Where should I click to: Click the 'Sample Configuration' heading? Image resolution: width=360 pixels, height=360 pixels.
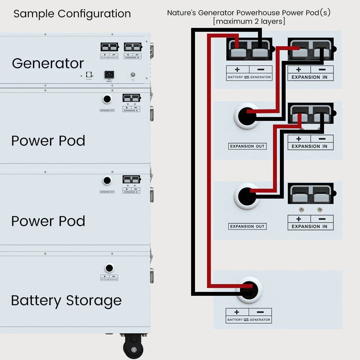tap(72, 14)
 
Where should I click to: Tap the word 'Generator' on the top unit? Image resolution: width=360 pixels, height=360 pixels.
tap(48, 64)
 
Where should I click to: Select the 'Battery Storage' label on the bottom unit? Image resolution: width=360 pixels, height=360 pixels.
tap(66, 301)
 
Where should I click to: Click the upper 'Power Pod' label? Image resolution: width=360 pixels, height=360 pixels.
tap(48, 141)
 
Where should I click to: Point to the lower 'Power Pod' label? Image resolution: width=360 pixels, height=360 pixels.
tap(48, 221)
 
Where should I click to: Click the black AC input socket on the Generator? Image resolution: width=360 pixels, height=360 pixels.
tap(109, 74)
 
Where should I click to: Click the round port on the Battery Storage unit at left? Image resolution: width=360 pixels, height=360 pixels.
tap(109, 268)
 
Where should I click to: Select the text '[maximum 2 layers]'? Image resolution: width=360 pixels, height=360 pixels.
tap(249, 22)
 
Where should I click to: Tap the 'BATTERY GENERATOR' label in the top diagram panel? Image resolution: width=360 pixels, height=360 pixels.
tap(249, 77)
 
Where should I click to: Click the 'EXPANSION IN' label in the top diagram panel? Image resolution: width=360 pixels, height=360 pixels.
tap(309, 77)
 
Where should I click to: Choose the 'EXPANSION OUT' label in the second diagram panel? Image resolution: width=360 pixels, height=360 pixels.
tap(247, 146)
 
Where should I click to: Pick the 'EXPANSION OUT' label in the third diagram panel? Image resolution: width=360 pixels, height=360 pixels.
tap(247, 226)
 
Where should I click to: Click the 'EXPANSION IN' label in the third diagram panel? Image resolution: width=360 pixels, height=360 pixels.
tap(309, 226)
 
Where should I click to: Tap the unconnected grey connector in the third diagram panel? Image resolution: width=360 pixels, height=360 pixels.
tap(311, 194)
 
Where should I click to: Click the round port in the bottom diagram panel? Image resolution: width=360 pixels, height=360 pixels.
tap(249, 290)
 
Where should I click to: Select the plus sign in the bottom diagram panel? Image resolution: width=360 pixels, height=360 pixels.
tap(237, 312)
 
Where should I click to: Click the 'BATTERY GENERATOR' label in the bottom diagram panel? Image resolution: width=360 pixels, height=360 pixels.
tap(249, 320)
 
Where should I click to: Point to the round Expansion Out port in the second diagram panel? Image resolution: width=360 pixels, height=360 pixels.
tap(247, 116)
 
